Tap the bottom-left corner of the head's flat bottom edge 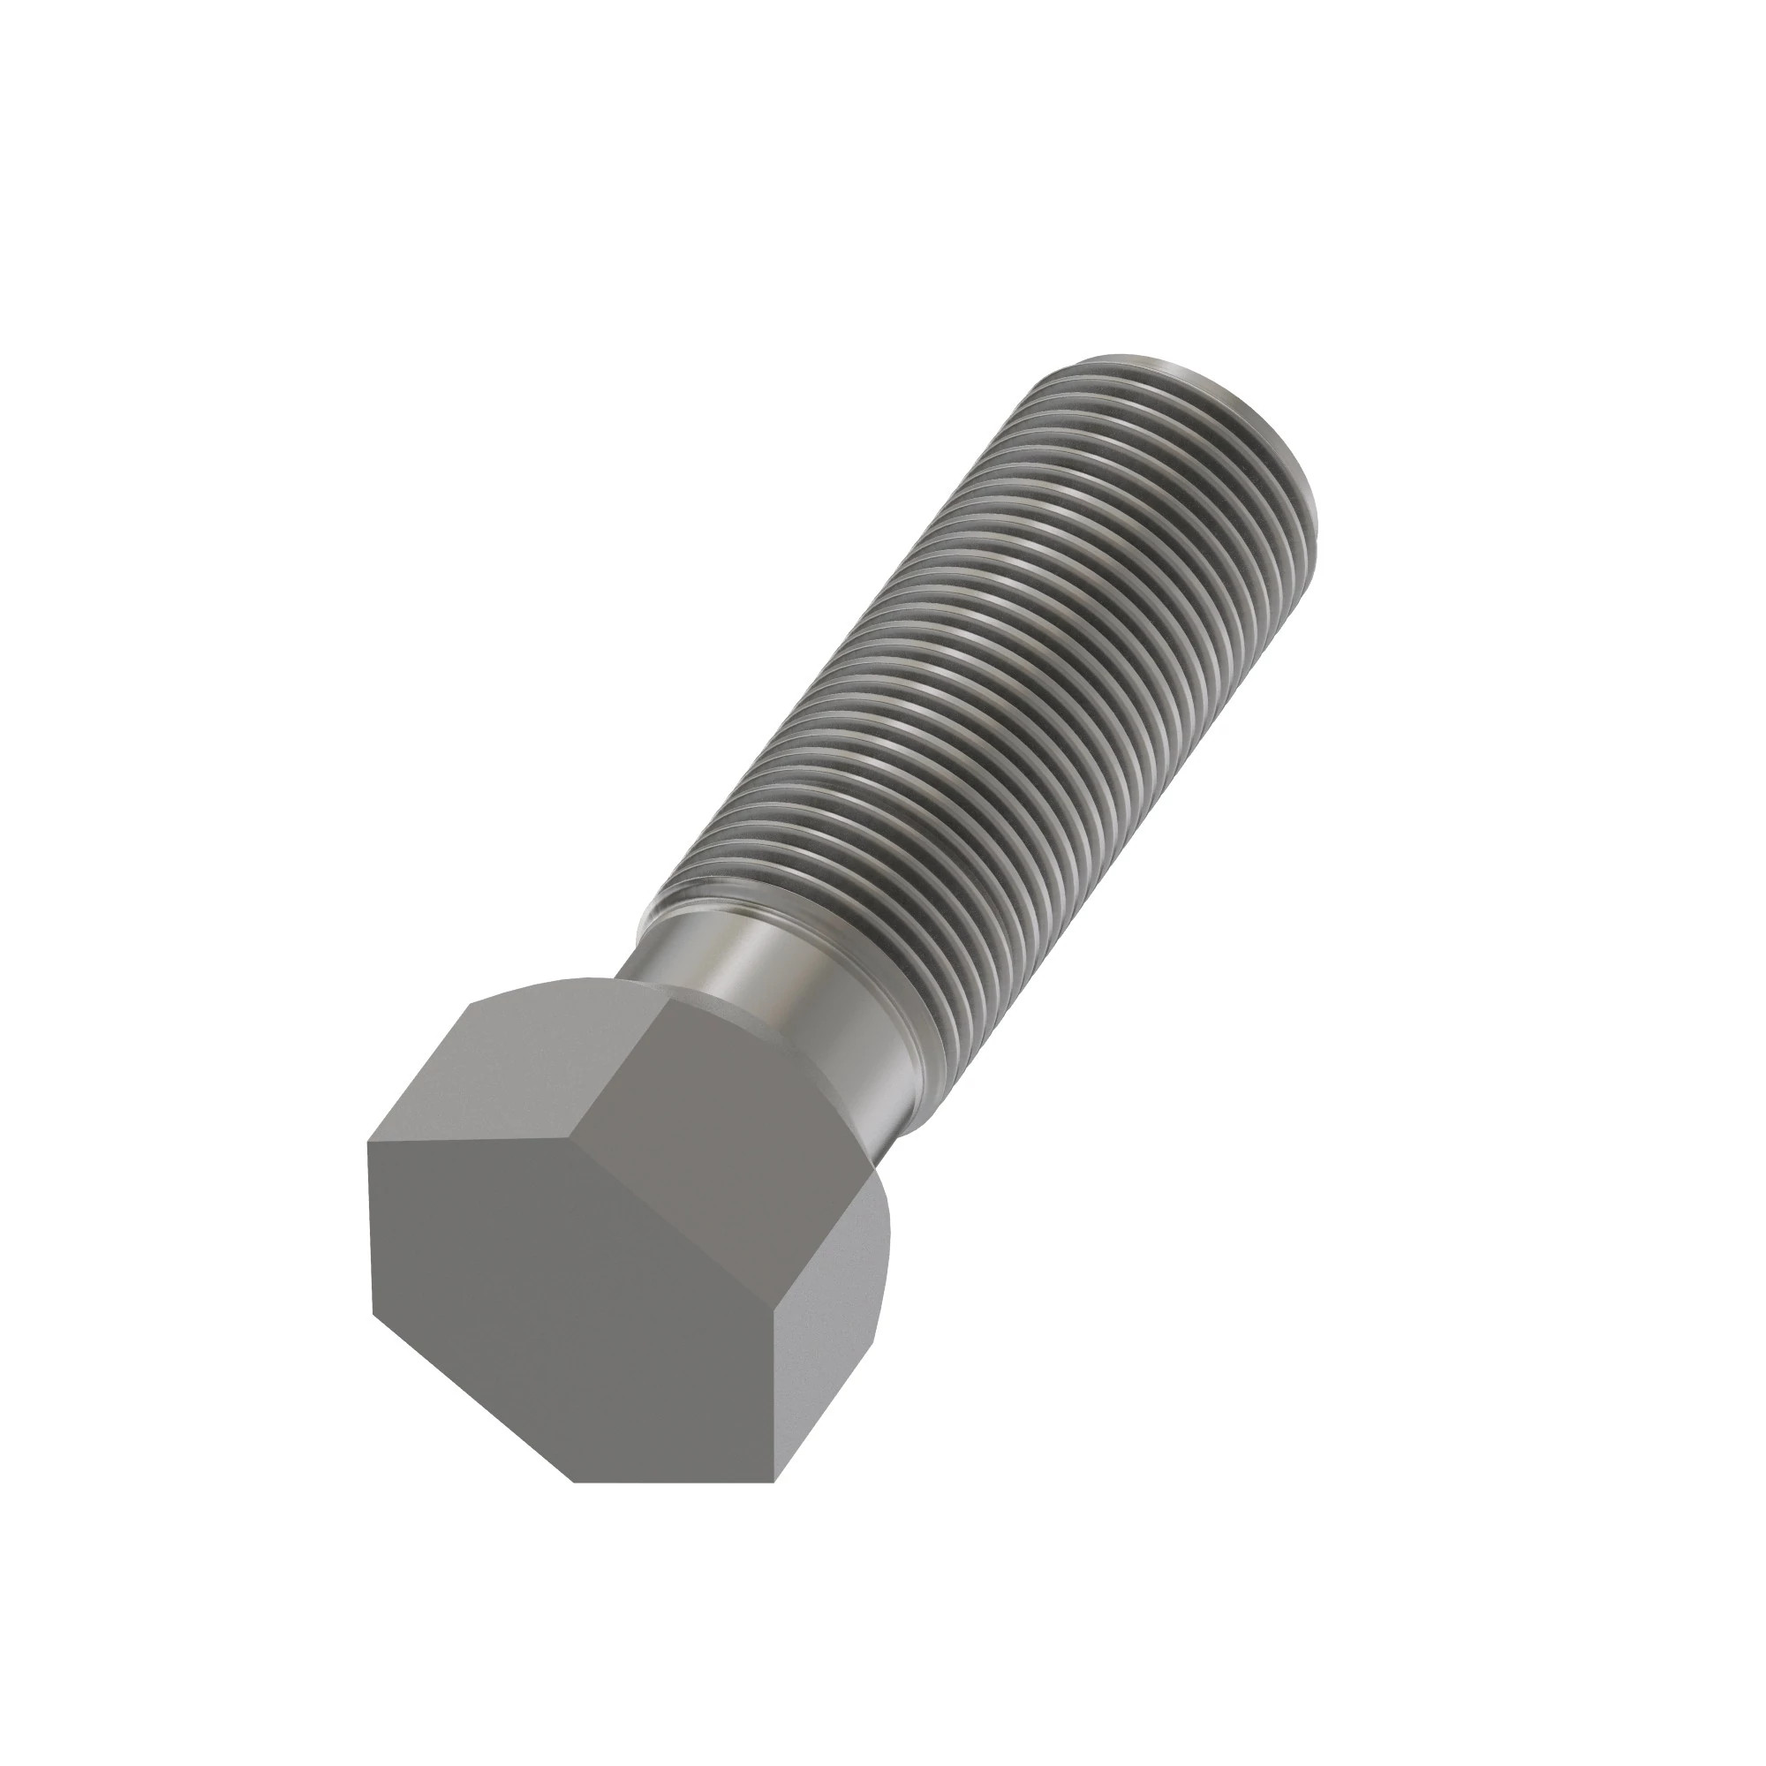(x=574, y=1482)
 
